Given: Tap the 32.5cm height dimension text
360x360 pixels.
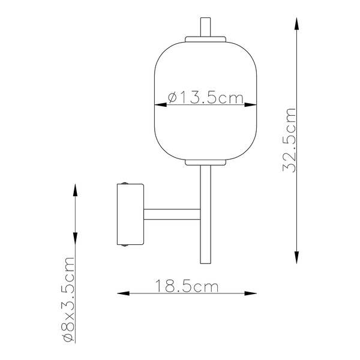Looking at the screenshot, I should tap(290, 140).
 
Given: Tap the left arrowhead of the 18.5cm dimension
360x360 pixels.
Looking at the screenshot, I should tap(121, 293).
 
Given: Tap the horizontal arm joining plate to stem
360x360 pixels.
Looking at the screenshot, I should tap(172, 214).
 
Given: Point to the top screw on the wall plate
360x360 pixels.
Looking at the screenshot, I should tap(124, 183).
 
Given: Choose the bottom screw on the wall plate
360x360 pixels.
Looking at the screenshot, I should tap(124, 245).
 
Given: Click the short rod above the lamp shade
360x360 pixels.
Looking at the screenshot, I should tap(206, 27).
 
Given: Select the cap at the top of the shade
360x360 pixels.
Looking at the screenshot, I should tap(206, 40).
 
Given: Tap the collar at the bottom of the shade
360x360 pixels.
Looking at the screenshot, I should tap(206, 162).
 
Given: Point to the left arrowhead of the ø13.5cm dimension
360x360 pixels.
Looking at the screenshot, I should tap(160, 106).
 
